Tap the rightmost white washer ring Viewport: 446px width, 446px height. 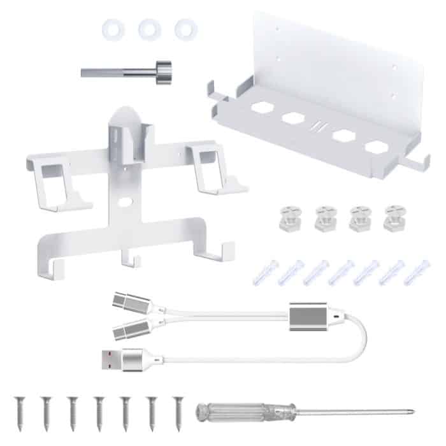183,29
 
